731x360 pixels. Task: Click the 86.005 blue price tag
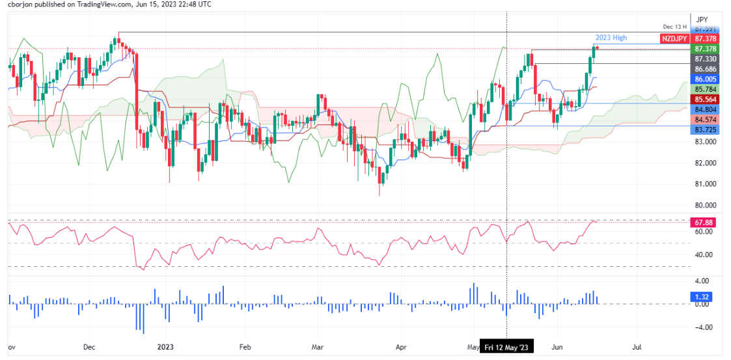[x=706, y=78]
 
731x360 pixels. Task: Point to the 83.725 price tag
[x=706, y=130]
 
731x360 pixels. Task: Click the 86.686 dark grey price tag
[x=706, y=68]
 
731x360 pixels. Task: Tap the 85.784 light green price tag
[x=706, y=89]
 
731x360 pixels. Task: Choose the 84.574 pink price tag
[x=706, y=120]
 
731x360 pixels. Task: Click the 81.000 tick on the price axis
[x=706, y=184]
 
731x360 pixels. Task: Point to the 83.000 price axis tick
[x=706, y=142]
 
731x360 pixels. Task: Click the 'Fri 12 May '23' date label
[x=508, y=348]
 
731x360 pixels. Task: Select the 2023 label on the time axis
[x=165, y=348]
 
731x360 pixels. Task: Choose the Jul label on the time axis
[x=637, y=348]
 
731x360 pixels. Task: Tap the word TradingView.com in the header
[x=104, y=5]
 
